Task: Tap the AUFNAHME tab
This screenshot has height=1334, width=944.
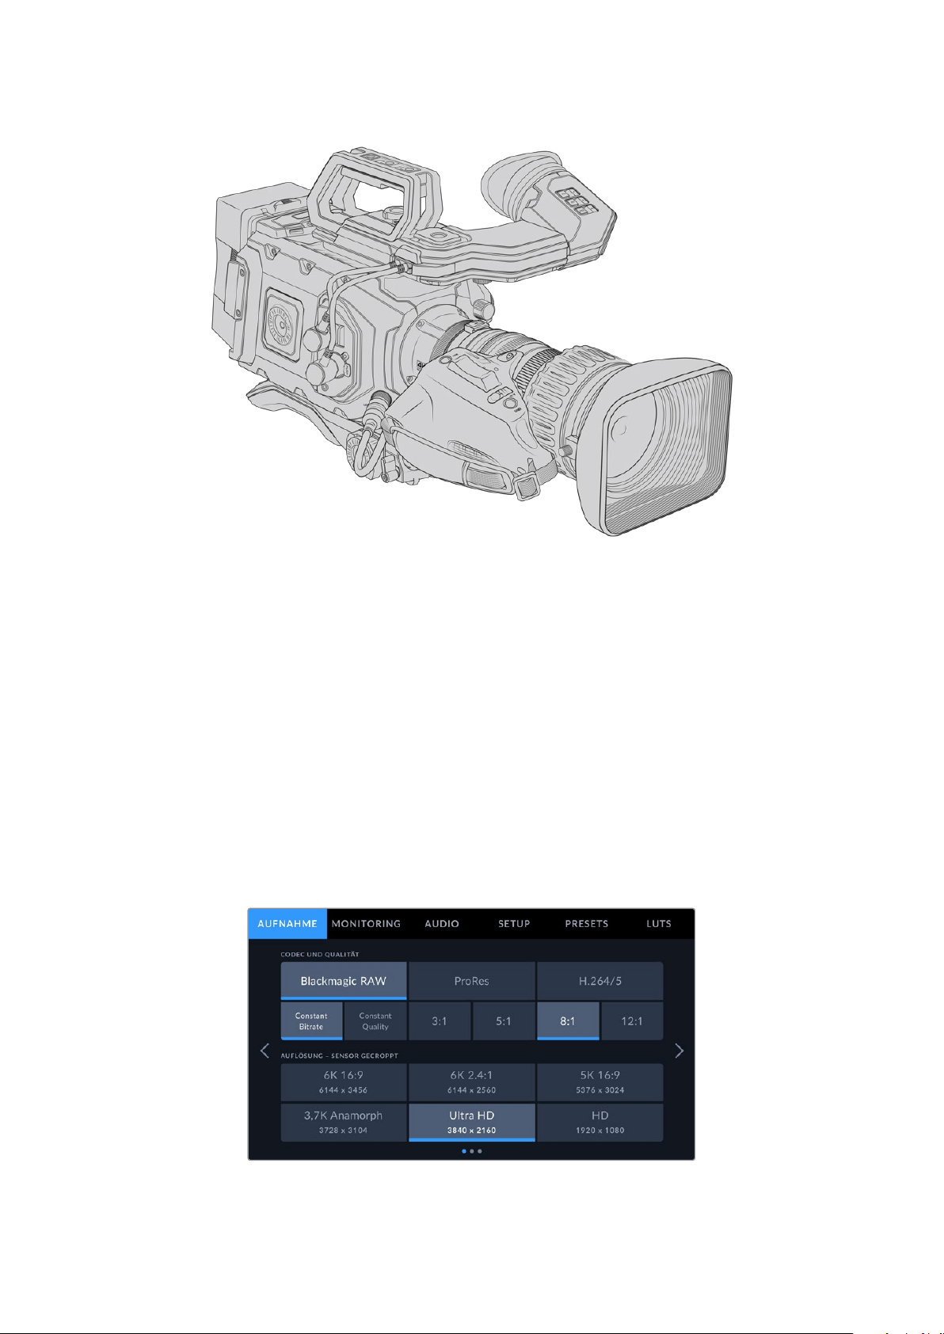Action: (x=287, y=924)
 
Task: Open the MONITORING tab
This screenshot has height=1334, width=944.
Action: (x=366, y=924)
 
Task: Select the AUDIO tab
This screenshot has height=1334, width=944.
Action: (x=441, y=924)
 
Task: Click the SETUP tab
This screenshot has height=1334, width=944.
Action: (x=513, y=924)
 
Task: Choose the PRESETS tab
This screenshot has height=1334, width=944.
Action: (x=586, y=924)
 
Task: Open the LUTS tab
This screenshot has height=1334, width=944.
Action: (x=658, y=924)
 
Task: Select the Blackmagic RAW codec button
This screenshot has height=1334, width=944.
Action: (x=344, y=981)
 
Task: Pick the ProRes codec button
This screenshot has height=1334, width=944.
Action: (x=472, y=981)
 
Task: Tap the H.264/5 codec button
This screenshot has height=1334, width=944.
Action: (x=600, y=981)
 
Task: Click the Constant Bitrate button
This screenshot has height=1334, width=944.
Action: (x=311, y=1020)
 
